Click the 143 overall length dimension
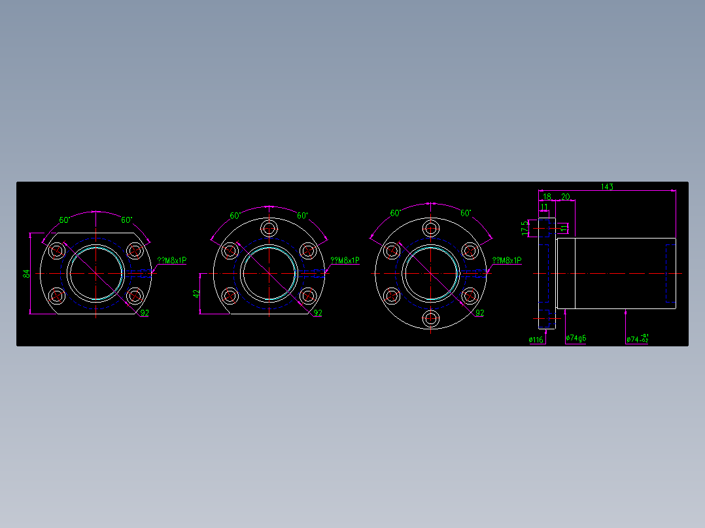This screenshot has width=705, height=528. (607, 187)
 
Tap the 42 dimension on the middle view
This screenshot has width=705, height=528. (196, 294)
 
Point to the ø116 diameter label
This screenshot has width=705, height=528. (536, 340)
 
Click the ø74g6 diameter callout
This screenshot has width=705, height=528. (576, 338)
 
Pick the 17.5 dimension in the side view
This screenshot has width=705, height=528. (524, 228)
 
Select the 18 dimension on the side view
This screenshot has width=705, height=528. (547, 197)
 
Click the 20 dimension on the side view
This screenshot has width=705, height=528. (565, 197)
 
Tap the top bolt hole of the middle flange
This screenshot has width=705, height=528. (269, 228)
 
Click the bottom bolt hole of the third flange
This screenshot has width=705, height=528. (430, 320)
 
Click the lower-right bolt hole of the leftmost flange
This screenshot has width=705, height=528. (134, 296)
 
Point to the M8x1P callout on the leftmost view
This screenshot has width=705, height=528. (171, 260)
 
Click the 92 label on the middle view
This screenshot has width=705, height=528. (318, 313)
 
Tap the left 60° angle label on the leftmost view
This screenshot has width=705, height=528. (65, 220)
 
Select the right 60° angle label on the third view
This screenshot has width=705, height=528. (466, 214)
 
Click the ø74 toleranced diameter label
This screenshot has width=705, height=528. (637, 338)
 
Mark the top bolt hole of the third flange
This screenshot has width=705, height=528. (430, 228)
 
